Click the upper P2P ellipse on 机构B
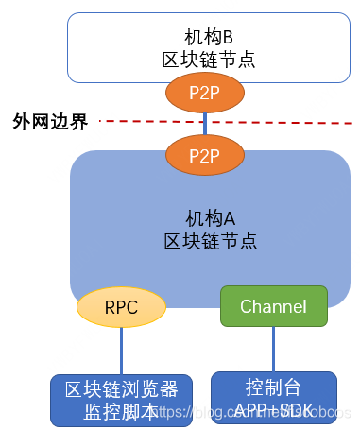click(205, 93)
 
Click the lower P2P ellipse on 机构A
click(205, 154)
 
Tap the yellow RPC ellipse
click(121, 307)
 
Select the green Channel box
click(273, 307)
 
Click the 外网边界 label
click(50, 122)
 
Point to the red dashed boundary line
click(283, 122)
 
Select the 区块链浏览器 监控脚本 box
click(121, 400)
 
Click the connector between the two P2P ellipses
click(205, 124)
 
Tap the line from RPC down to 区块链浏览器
click(121, 350)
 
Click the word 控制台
click(273, 387)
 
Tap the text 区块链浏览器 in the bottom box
click(121, 389)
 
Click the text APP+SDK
click(273, 408)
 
